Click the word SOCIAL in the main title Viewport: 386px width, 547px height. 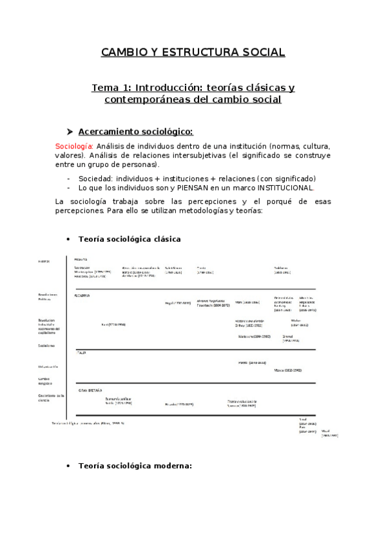tap(258, 52)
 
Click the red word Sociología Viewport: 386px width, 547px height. tap(74, 146)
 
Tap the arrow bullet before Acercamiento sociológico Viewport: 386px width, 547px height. tap(70, 132)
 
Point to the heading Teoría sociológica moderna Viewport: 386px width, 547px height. tap(135, 465)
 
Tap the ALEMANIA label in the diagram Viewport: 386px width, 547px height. tap(82, 295)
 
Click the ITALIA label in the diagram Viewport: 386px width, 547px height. tap(81, 353)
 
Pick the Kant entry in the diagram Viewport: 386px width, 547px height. tap(112, 324)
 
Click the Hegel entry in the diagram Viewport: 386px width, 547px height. tap(177, 303)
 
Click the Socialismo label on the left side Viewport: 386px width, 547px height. tap(46, 346)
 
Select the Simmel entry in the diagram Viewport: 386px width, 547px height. tap(288, 339)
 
